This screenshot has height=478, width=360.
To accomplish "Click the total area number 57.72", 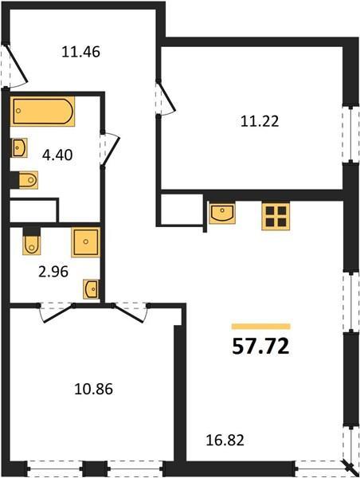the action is pos(260,347).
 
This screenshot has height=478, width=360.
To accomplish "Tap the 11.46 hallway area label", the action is pos(80,52).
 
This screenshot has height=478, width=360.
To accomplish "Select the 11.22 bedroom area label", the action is pos(260,121).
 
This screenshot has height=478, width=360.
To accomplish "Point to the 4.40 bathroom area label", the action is pos(57,155).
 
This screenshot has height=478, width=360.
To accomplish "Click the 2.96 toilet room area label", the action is pos(53,272).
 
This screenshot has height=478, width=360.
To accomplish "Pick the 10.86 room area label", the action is pos(93,389).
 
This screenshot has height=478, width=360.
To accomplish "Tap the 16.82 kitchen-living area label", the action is pos(225,441).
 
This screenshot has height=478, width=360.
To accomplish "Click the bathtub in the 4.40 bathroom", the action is pos(43,112).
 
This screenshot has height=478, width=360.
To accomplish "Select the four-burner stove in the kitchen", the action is pos(276,217).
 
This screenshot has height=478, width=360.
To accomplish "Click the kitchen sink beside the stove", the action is pos(222,213).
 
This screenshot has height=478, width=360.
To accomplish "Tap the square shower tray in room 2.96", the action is pos(86,242).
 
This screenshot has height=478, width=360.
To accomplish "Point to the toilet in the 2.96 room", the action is pos(31,241).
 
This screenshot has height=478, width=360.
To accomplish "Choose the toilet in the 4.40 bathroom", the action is pos(25,180).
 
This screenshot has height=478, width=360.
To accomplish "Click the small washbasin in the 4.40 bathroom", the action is pos(19,148).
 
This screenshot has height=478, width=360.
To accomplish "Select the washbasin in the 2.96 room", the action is pos(91,289).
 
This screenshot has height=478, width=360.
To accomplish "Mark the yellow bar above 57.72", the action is pos(260,327).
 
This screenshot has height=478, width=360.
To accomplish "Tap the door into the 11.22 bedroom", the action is pos(166,97).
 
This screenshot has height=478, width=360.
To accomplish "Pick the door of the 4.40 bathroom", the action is pos(110,150).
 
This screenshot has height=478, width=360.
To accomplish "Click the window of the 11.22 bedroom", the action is pos(351,134).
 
